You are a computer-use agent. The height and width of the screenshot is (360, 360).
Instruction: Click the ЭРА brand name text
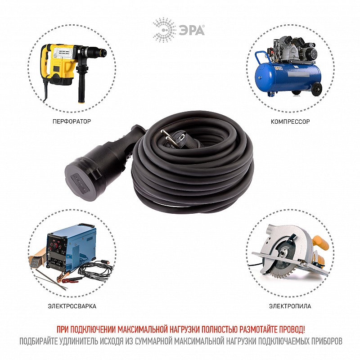[192, 31]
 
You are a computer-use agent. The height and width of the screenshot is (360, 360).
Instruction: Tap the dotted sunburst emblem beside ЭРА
[164, 30]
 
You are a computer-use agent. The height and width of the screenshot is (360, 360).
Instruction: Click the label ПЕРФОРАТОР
[72, 121]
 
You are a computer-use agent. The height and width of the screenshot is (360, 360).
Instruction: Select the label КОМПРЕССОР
[290, 121]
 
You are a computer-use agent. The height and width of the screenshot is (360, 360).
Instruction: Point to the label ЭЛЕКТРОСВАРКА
[72, 306]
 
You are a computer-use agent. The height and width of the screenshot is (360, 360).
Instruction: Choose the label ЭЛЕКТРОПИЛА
[290, 306]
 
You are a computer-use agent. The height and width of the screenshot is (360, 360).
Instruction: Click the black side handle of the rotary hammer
[82, 83]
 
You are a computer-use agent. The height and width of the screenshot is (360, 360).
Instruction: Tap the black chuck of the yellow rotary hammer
[96, 53]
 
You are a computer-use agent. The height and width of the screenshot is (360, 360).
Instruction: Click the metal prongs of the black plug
[168, 137]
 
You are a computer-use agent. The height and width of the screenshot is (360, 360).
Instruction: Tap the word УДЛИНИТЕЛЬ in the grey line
[79, 341]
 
